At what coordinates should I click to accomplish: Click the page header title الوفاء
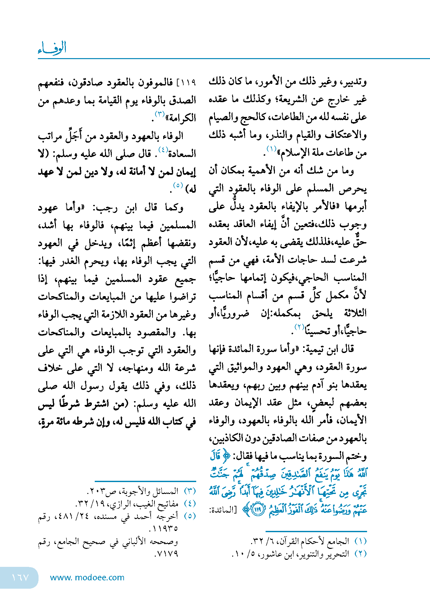52,48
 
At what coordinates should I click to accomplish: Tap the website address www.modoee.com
87,577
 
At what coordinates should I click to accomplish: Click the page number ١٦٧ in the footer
20,577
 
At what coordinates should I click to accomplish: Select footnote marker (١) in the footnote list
360,541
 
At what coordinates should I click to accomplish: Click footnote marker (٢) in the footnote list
360,554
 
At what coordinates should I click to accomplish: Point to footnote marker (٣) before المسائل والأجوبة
190,491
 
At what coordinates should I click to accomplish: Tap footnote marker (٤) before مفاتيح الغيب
190,504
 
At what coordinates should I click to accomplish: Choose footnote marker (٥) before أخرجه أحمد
190,516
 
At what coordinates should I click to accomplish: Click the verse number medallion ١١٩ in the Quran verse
258,509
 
